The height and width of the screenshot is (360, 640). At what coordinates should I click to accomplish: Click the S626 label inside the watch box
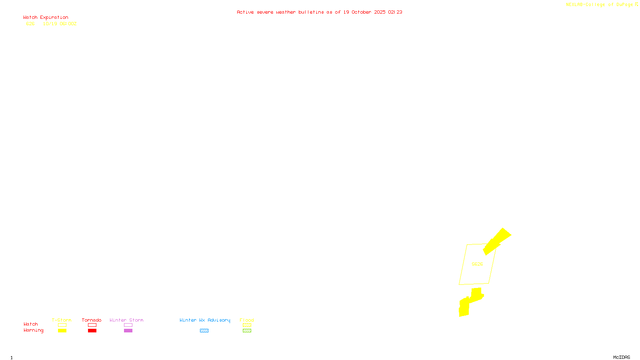point(477,264)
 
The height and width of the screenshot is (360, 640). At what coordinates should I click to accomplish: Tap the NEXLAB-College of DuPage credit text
point(602,4)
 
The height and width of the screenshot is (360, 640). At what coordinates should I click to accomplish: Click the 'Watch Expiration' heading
point(46,17)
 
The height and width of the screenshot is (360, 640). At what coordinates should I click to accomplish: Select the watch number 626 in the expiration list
point(30,24)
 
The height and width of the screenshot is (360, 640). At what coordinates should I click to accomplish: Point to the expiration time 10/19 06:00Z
point(60,24)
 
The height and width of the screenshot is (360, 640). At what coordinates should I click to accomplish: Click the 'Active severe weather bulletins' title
point(319,12)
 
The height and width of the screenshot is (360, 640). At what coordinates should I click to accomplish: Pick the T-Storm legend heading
point(62,320)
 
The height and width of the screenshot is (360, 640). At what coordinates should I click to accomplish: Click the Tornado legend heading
point(92,320)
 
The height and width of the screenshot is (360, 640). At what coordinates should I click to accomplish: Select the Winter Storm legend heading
point(126,320)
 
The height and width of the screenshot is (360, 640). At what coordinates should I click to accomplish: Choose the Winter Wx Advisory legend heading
point(205,320)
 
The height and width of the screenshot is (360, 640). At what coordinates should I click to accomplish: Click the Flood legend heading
point(247,320)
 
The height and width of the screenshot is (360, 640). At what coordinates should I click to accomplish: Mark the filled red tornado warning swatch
point(92,331)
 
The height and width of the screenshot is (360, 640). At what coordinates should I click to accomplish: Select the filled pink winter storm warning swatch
point(128,331)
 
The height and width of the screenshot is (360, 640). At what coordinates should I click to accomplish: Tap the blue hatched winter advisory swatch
point(204,331)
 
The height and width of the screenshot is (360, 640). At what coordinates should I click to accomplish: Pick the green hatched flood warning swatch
point(247,331)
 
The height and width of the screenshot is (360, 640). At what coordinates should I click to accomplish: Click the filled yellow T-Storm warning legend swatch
point(62,331)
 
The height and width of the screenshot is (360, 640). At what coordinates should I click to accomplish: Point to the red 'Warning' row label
point(33,330)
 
